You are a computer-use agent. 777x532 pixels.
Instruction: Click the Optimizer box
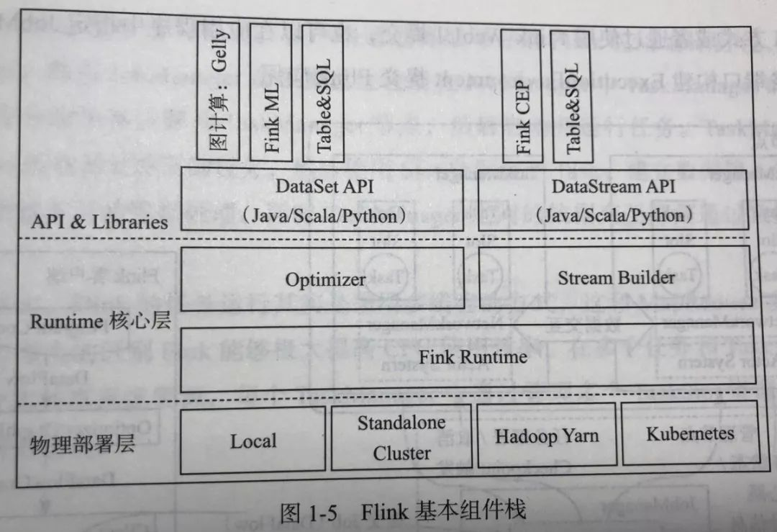325,279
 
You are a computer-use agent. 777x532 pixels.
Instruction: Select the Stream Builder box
615,277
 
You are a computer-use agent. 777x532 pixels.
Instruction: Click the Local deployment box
253,441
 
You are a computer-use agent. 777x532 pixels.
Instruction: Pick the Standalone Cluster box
401,438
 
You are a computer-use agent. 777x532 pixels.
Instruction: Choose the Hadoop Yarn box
546,435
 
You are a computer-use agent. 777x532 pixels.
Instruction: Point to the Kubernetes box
690,433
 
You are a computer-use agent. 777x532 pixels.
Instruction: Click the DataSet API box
325,200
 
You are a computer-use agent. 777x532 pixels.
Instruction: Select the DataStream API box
614,199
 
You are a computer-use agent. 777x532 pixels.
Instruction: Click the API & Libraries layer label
99,221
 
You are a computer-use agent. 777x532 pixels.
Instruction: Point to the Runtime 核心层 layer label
100,320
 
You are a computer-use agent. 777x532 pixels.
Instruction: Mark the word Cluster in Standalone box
401,454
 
